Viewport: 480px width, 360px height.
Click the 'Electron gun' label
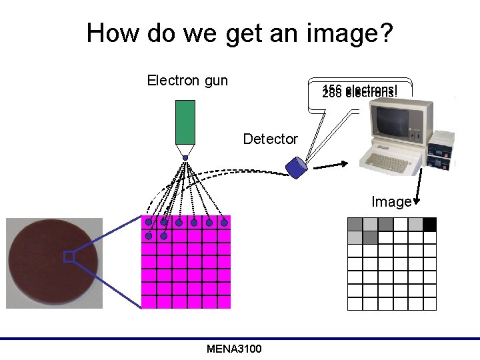coord(187,81)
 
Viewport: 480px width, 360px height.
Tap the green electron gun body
coord(185,121)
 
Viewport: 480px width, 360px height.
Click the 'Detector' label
coord(270,139)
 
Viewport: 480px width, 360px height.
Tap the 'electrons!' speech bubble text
coord(359,91)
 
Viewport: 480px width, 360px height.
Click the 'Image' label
coord(391,201)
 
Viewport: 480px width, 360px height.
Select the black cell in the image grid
coord(429,224)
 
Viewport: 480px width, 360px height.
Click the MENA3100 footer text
coord(234,349)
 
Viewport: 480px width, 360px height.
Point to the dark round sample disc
coord(53,263)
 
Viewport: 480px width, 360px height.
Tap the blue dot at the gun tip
coord(185,158)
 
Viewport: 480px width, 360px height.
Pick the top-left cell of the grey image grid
coord(355,224)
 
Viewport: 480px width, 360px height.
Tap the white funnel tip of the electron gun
coord(185,149)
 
